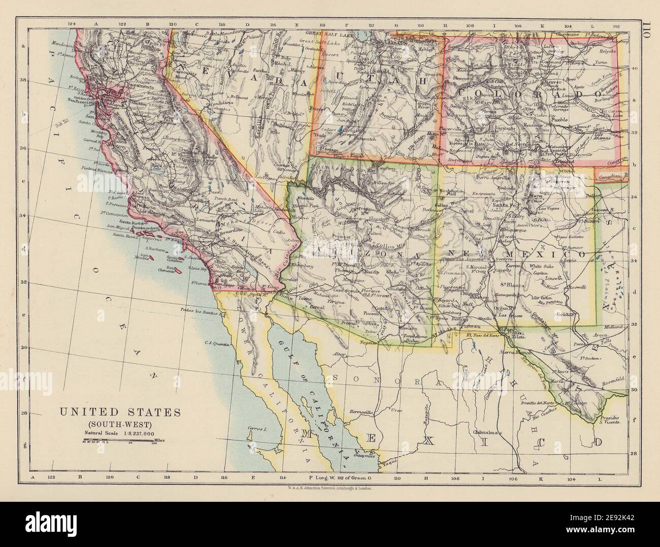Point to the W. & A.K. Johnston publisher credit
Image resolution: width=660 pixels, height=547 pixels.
pos(328,487)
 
